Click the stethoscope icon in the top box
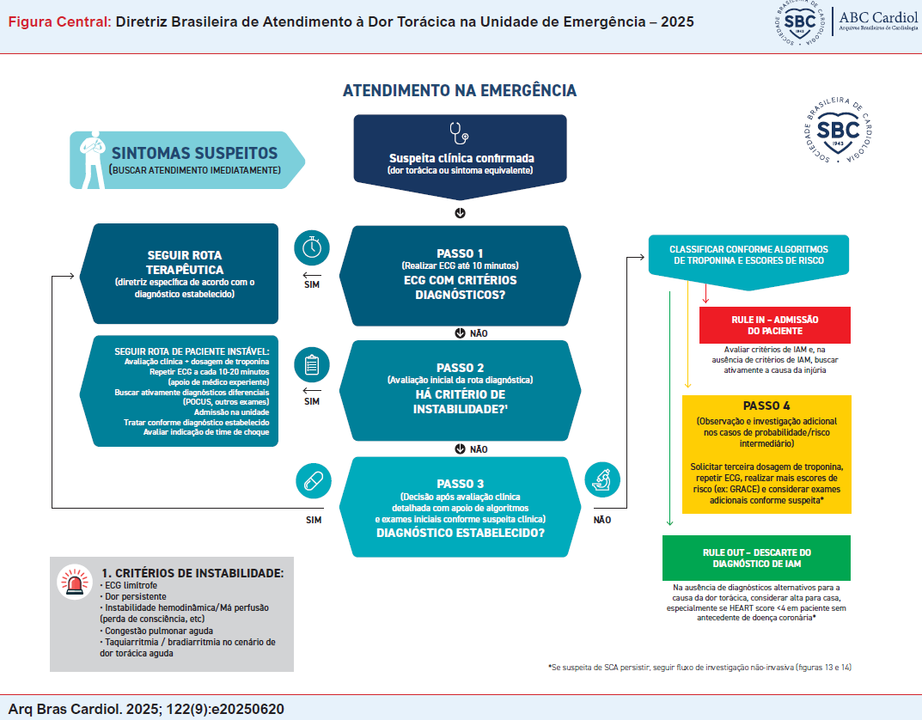coord(460,134)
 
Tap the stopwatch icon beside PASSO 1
coord(312,247)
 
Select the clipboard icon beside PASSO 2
coord(312,365)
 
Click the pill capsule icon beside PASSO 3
coord(312,481)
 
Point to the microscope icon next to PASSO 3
coord(601,481)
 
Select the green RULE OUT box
coord(756,558)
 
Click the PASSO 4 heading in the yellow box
coord(766,406)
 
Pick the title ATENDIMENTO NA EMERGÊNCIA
coord(460,91)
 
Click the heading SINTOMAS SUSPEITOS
coord(194,153)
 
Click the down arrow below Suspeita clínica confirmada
coord(460,212)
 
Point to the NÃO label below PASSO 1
coord(479,333)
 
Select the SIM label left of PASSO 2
coord(312,400)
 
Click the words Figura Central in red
coord(58,21)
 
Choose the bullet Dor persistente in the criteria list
coord(137,596)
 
